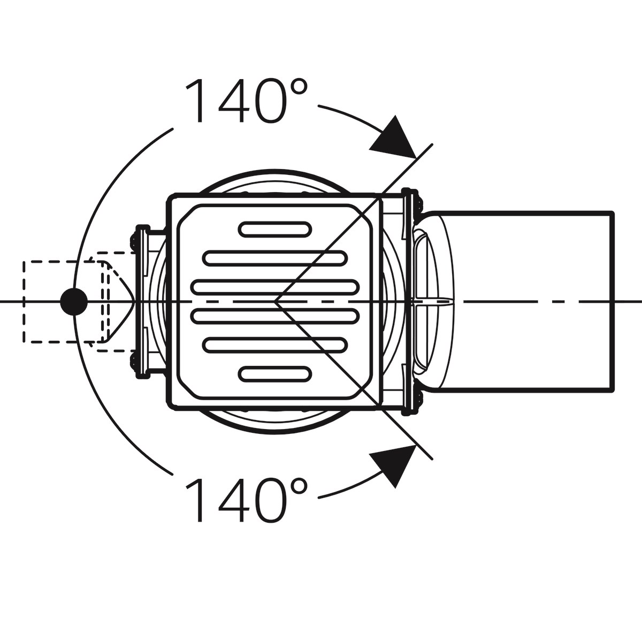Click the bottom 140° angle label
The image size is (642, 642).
click(246, 500)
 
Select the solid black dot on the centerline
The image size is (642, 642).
click(74, 302)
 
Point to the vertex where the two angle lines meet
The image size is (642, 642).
click(276, 302)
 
